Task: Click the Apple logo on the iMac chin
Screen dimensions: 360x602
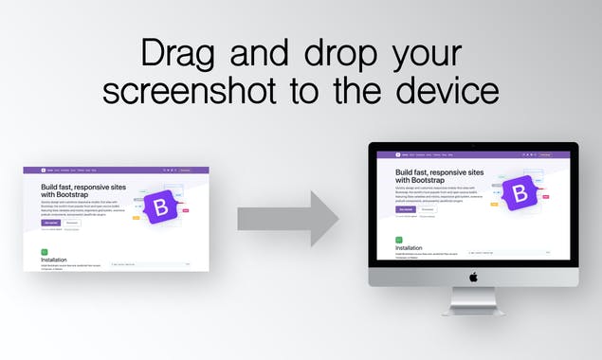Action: click(473, 277)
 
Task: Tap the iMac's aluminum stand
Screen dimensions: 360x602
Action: click(473, 302)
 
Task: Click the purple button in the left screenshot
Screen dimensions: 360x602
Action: click(49, 222)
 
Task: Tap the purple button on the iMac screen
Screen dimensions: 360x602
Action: click(406, 209)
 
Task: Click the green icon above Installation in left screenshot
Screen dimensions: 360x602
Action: click(44, 251)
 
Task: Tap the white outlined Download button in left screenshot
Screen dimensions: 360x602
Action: click(72, 222)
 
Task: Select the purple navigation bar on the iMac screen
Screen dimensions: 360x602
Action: click(473, 154)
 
